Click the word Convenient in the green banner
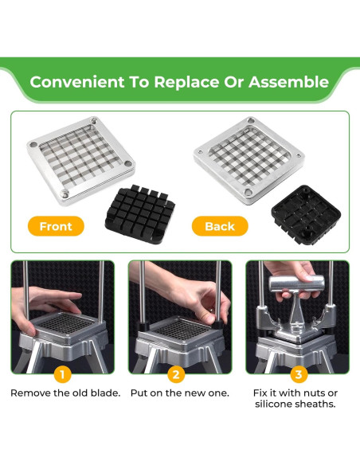(77, 82)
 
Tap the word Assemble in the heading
(288, 82)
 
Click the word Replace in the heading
(186, 82)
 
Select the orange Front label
(56, 226)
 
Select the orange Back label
(220, 226)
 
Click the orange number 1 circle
(62, 374)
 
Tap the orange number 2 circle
(176, 374)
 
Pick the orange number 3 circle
(299, 374)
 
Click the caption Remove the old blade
(65, 393)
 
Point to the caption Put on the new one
(180, 393)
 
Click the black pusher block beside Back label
(306, 215)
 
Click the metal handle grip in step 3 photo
(296, 283)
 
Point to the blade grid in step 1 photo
(67, 324)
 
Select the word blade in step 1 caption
(105, 393)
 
